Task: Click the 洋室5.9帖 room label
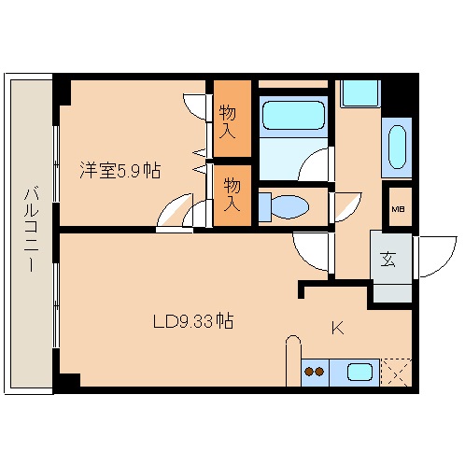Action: click(x=120, y=170)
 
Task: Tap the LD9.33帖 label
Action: click(x=193, y=321)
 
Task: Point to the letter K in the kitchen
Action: click(x=338, y=328)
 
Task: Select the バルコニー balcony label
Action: click(x=32, y=230)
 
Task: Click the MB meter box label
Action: click(x=398, y=209)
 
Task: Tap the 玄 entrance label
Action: click(x=388, y=259)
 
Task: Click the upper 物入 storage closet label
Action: click(x=228, y=121)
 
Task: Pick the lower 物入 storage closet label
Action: click(x=232, y=194)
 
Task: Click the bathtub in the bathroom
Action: click(x=293, y=115)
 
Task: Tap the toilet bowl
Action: click(x=289, y=206)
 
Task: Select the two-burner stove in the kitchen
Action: click(x=315, y=373)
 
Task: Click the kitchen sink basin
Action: click(x=359, y=373)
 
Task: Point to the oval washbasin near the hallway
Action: click(x=397, y=147)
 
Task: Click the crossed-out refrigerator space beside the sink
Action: click(x=396, y=373)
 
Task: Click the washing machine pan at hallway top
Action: click(x=360, y=93)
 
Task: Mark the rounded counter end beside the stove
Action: click(x=293, y=360)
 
